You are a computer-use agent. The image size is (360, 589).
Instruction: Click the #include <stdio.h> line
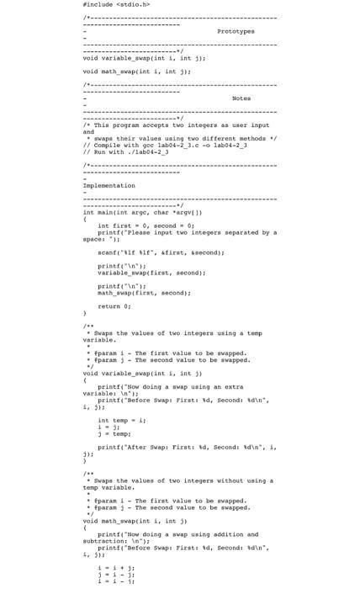click(x=115, y=4)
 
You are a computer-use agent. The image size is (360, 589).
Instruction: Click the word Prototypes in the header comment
click(x=236, y=30)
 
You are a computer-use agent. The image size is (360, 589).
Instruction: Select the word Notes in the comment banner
click(x=241, y=98)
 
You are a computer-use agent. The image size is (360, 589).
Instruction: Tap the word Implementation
click(x=109, y=186)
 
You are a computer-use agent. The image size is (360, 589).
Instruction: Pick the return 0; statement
click(x=114, y=305)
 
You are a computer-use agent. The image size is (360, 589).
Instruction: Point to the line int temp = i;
click(x=122, y=420)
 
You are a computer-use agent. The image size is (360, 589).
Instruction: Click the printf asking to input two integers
click(x=185, y=232)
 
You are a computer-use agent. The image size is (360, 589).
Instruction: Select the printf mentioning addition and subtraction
click(x=178, y=534)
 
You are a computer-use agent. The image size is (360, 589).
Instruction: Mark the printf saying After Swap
click(x=180, y=447)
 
